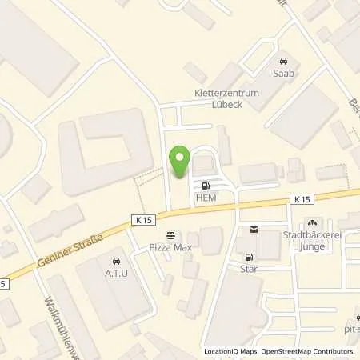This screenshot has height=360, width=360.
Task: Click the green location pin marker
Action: point(181,162)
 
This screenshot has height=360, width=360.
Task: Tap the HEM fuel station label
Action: point(205,198)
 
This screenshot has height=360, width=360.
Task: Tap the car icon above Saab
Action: point(282,61)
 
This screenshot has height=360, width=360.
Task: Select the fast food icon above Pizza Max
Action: point(170,235)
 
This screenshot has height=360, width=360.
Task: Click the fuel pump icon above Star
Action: point(249,257)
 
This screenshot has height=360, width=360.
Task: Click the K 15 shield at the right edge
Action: point(300,197)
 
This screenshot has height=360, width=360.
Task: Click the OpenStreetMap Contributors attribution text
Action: point(308,351)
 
